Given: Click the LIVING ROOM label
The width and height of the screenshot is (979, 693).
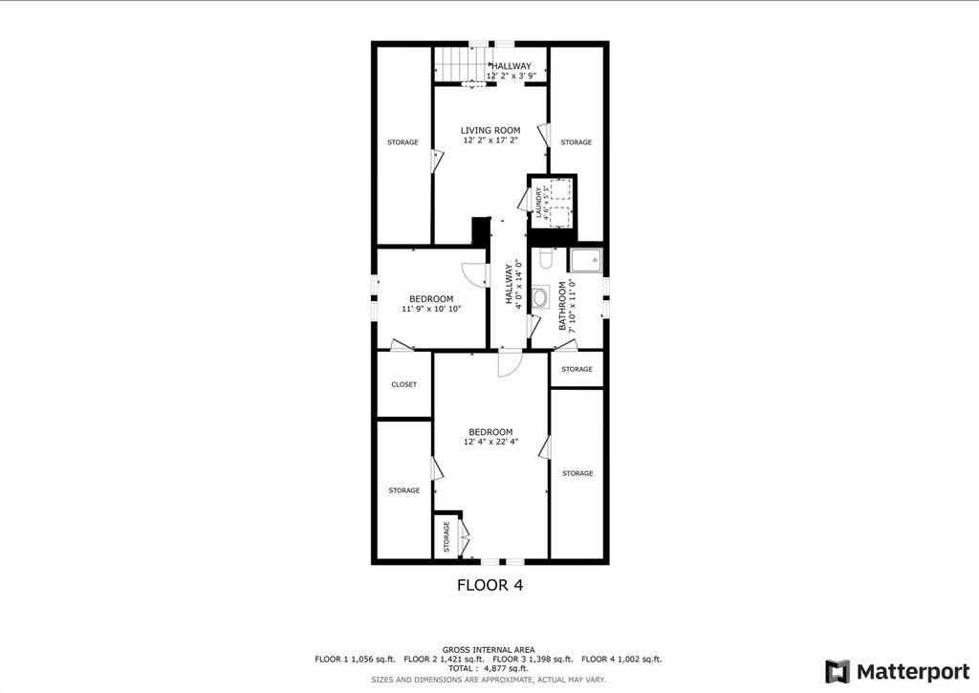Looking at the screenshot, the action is pos(490,131).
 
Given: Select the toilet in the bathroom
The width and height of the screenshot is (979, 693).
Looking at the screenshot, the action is pos(546,258).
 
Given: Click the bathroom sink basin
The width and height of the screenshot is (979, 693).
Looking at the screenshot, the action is pos(541,297).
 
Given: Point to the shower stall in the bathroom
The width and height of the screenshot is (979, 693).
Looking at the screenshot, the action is pos(586,260).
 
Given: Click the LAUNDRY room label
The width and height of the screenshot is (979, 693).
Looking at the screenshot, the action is pos(538,203).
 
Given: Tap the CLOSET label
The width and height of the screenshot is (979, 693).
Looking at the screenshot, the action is pos(404,384).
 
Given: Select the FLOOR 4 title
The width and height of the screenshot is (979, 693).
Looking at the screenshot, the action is pos(490,585).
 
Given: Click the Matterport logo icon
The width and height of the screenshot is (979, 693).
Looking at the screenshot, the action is pos(838,672).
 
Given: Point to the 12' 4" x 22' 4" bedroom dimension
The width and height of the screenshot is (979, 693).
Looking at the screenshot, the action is pos(490,442).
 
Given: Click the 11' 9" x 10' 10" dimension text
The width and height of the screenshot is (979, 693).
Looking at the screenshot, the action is pos(431,309).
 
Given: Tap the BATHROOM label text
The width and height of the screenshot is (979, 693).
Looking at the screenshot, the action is pos(562,306).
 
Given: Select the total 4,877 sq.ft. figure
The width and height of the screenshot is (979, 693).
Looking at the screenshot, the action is pos(489,669).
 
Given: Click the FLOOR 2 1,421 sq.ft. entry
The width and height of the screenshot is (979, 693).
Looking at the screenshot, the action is pos(444,660).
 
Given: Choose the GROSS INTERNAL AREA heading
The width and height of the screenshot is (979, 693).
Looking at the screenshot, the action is pos(489,650).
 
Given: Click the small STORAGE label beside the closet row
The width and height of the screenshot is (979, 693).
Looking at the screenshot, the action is pos(577,369).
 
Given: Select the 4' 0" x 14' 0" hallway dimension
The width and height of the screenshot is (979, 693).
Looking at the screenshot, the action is pos(518,284).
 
